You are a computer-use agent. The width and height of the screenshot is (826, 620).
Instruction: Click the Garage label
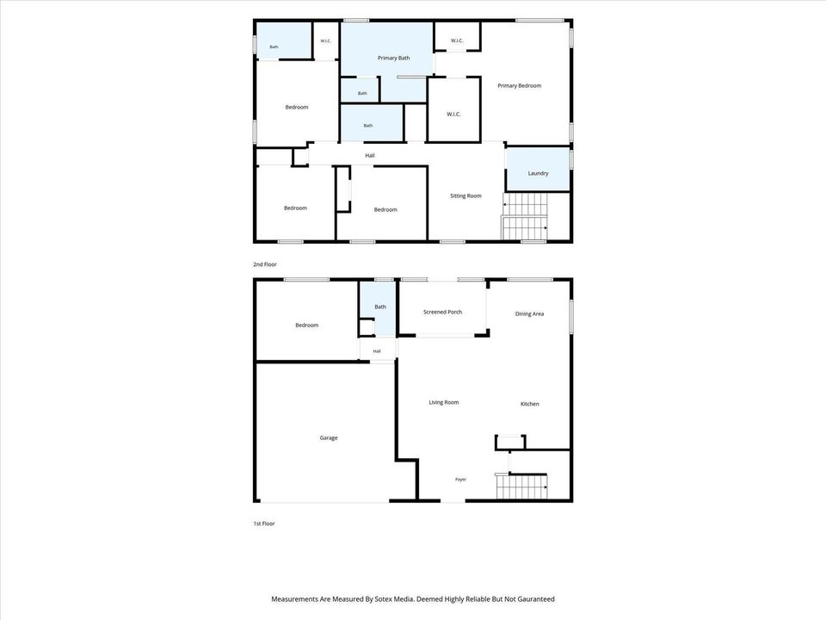(x=328, y=437)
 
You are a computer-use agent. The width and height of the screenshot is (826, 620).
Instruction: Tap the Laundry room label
(x=538, y=173)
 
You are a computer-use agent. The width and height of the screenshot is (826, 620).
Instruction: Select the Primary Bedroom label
(x=520, y=85)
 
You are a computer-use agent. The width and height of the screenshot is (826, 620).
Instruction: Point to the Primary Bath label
(x=393, y=58)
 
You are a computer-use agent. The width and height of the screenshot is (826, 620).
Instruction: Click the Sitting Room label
(x=465, y=195)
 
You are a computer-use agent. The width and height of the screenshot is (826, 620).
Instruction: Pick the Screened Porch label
(x=442, y=312)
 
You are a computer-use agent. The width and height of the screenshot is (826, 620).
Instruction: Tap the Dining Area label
(x=529, y=313)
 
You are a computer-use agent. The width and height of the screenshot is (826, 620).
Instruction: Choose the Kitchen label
(x=529, y=404)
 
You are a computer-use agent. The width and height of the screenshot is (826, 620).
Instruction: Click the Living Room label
(x=444, y=402)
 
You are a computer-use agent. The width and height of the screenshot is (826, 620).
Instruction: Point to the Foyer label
(x=460, y=480)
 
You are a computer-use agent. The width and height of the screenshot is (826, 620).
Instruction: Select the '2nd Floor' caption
(x=264, y=264)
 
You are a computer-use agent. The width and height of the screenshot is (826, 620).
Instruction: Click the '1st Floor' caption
(x=264, y=524)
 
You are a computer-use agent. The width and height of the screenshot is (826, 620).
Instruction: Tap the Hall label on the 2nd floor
(x=370, y=156)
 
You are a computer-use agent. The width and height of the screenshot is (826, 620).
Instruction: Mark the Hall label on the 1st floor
(x=377, y=351)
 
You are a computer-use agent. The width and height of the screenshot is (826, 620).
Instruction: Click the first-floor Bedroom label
(x=306, y=325)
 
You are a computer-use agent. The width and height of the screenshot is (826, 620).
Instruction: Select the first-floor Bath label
(x=379, y=307)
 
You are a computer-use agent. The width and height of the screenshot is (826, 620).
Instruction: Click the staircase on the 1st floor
(x=521, y=487)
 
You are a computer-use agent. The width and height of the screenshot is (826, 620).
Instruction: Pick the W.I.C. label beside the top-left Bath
(x=325, y=41)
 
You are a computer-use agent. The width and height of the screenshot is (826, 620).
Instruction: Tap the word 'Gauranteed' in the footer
(x=537, y=599)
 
